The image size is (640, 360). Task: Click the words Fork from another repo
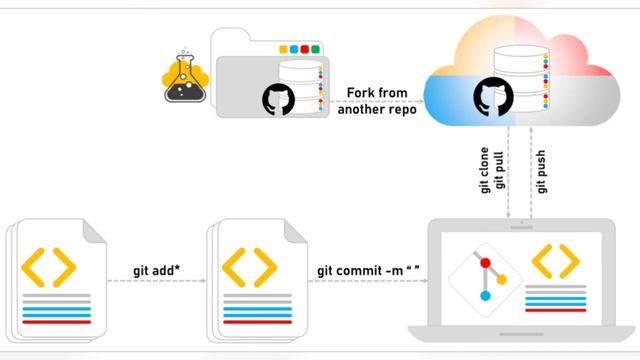pyautogui.click(x=377, y=101)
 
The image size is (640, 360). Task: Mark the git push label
pyautogui.click(x=541, y=173)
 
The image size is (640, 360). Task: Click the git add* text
pyautogui.click(x=155, y=270)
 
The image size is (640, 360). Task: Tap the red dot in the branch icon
pyautogui.click(x=485, y=263)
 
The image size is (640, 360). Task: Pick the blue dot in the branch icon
pyautogui.click(x=485, y=296)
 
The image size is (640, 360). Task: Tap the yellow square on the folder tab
pyautogui.click(x=283, y=48)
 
